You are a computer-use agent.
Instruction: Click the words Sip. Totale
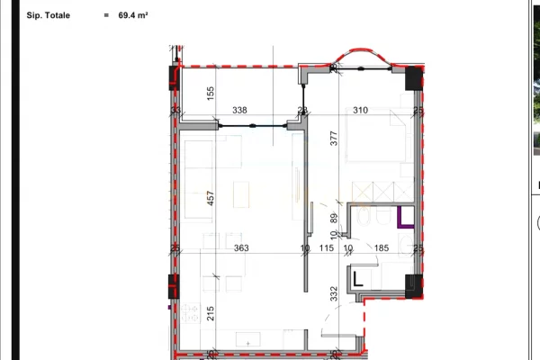pos(51,16)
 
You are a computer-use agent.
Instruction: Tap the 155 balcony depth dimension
pos(210,92)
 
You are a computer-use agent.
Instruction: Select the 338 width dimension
pos(239,111)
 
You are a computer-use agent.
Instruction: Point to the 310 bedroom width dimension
pos(360,111)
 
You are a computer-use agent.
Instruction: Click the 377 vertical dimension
pos(332,138)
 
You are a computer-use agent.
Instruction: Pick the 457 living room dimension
pos(210,200)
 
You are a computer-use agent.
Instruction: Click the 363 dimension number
pos(240,248)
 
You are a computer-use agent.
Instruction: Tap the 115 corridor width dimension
pos(326,248)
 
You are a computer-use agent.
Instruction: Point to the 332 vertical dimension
pos(332,293)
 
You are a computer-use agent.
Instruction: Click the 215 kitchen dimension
pos(210,315)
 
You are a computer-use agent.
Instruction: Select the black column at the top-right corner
pos(412,78)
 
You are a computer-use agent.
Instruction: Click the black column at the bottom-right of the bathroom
pos(413,284)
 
